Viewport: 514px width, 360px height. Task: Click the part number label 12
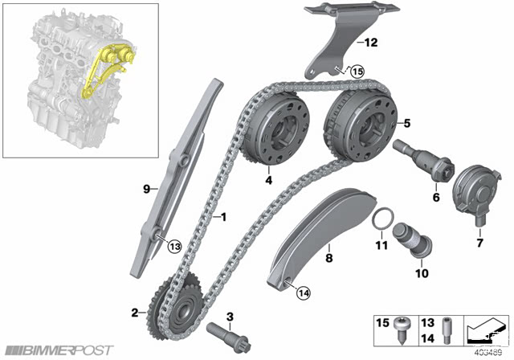[x=371, y=43]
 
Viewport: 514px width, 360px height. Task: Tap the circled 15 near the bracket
[x=357, y=72]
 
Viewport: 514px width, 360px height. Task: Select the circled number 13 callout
[x=175, y=246]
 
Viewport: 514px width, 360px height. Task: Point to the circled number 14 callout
[x=304, y=292]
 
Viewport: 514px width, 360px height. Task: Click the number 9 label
[x=146, y=189]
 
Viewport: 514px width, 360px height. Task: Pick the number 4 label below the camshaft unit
[x=269, y=180]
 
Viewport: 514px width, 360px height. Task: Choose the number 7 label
[x=480, y=243]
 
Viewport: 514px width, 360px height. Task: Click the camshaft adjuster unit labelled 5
[x=361, y=125]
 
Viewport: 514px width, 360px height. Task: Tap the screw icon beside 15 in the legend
[x=402, y=330]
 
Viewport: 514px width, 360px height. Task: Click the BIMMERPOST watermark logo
[x=60, y=350]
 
